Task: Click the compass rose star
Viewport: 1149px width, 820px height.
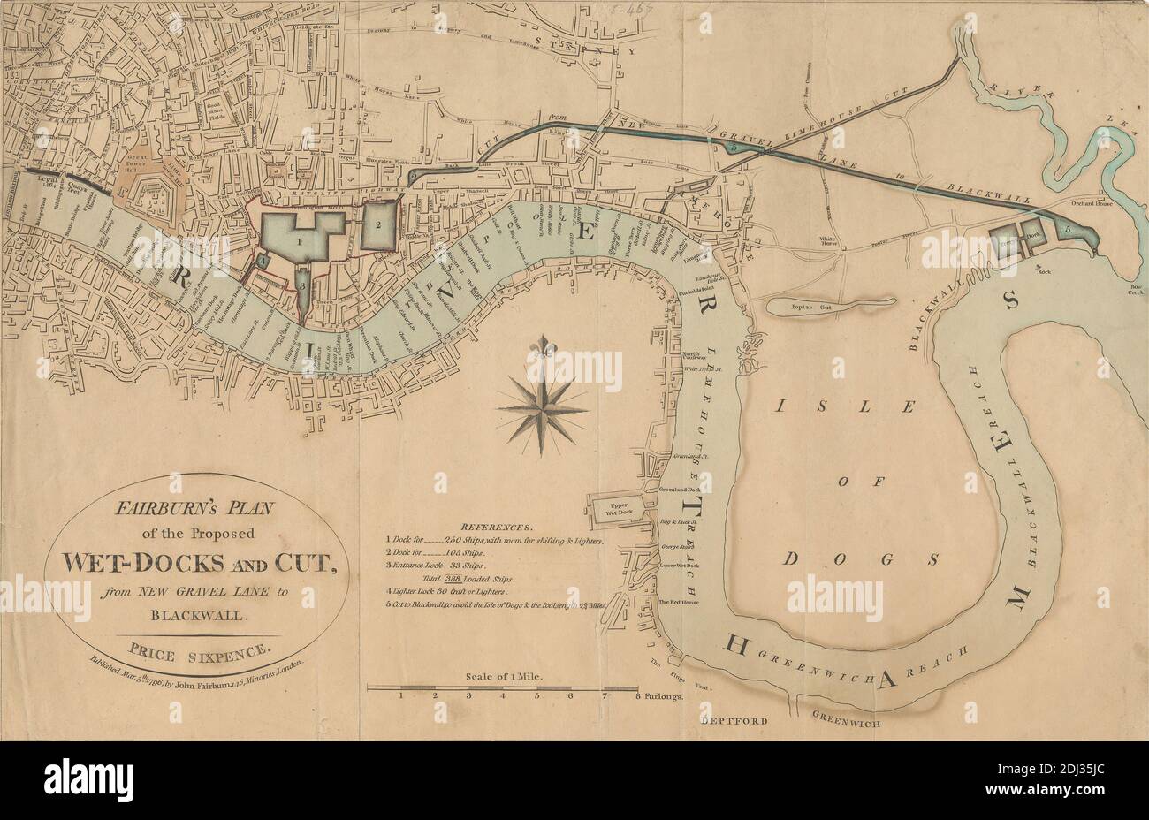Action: [x=542, y=409]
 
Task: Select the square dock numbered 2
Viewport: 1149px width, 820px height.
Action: [x=377, y=224]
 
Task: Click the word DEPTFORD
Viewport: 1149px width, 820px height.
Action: [x=732, y=720]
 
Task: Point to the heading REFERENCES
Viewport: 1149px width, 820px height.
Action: [x=496, y=524]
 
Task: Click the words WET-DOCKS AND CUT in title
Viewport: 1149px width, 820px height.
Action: [x=197, y=561]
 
